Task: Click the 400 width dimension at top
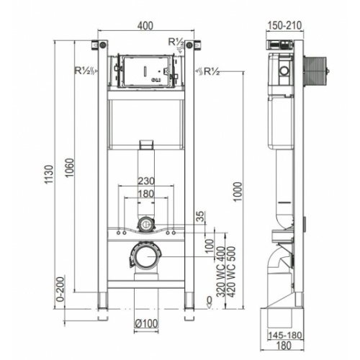pos(145,27)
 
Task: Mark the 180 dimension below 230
pos(145,194)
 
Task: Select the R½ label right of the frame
pos(209,71)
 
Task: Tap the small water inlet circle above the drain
pos(145,223)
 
